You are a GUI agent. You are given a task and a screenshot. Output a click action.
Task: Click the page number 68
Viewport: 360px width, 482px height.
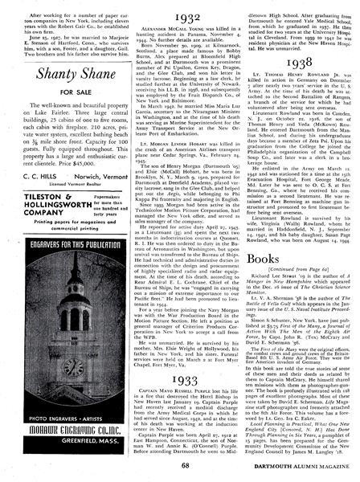point(180,467)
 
